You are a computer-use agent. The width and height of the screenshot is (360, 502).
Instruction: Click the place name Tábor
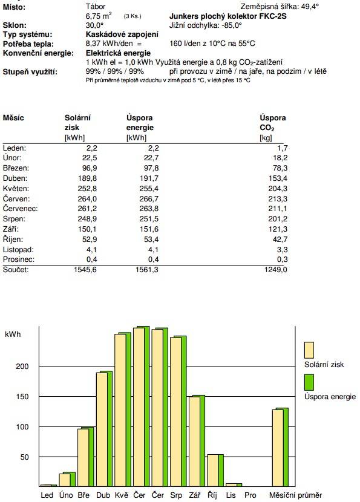(96, 7)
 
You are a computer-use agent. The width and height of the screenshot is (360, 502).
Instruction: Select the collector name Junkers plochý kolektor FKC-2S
(227, 16)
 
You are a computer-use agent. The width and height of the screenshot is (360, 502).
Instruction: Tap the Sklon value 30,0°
(94, 25)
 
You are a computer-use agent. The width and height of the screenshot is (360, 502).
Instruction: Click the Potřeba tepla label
(28, 44)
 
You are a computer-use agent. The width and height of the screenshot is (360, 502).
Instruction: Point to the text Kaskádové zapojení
(122, 34)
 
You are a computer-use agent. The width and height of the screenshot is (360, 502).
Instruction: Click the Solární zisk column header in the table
(77, 122)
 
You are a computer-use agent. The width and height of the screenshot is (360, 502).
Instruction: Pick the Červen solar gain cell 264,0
(87, 198)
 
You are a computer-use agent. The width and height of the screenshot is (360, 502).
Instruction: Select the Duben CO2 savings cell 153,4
(278, 178)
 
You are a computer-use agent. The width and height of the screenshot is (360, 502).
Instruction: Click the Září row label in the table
(11, 229)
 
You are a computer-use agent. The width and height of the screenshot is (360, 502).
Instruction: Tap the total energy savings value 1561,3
(146, 270)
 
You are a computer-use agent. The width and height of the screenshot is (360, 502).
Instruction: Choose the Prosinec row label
(19, 259)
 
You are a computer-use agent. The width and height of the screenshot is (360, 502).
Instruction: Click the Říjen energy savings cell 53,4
(151, 239)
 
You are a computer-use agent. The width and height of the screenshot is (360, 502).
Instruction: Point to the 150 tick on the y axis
(22, 396)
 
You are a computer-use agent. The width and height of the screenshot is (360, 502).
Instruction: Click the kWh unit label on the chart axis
(13, 334)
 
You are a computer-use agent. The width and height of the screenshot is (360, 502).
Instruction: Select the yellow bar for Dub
(102, 429)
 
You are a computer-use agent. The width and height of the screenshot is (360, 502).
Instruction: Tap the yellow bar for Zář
(194, 442)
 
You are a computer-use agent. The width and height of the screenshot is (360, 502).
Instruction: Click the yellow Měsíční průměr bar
(278, 448)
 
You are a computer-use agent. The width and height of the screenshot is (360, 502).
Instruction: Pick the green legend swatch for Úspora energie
(309, 382)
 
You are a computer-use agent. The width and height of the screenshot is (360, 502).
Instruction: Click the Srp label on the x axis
(176, 495)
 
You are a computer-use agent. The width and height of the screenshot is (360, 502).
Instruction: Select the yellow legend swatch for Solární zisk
(309, 350)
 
